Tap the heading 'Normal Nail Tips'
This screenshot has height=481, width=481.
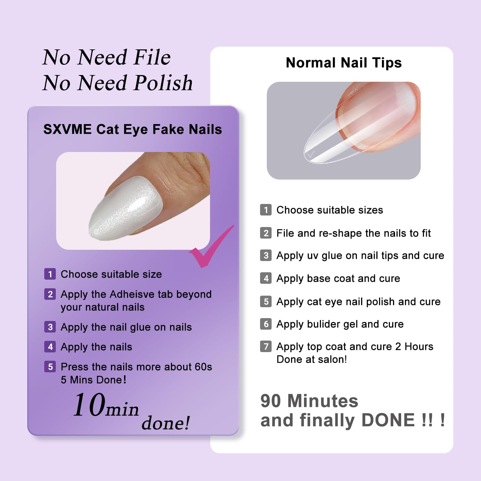tap(344, 63)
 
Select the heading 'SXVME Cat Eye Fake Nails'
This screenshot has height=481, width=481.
tap(133, 129)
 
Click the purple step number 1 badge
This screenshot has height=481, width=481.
tap(50, 274)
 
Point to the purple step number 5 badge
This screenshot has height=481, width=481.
tap(50, 367)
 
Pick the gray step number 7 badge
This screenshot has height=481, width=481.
tap(266, 346)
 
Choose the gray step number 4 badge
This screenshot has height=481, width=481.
tap(266, 278)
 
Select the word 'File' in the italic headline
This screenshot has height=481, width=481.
tap(152, 57)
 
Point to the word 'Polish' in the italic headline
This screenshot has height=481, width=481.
tap(163, 83)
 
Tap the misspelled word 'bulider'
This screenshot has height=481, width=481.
tap(324, 324)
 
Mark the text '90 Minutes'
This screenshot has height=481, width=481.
tap(309, 401)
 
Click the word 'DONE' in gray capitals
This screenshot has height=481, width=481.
tap(388, 420)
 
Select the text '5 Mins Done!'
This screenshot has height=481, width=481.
tap(94, 380)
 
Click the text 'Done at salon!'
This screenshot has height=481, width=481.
tap(312, 359)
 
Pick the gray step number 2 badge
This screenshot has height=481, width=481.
tap(266, 233)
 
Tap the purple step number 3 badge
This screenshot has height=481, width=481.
tap(50, 327)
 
